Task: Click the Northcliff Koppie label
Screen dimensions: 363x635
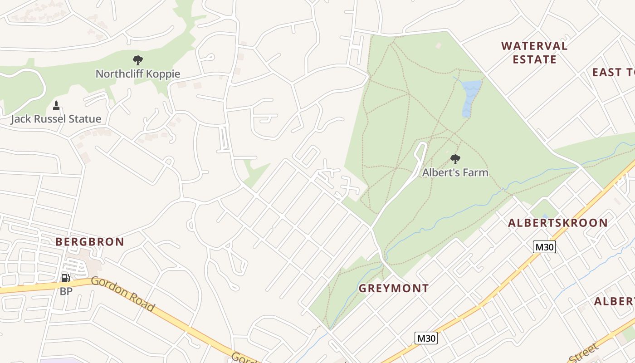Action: pos(138,74)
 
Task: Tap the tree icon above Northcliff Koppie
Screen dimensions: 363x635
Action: pos(138,60)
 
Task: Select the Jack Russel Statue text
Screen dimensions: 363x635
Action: pos(56,119)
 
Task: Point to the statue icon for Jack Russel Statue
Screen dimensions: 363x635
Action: pos(56,106)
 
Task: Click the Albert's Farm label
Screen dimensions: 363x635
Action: pos(455,172)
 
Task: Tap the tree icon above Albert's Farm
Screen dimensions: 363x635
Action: pos(455,159)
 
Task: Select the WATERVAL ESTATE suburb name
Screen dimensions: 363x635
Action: pos(534,53)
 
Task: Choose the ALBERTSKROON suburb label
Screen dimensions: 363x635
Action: pos(557,223)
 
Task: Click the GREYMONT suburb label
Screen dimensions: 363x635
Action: pos(394,288)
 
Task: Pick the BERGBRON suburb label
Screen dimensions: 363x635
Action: pos(90,242)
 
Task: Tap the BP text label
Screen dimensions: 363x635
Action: pos(66,291)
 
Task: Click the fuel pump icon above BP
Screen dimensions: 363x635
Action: pos(66,278)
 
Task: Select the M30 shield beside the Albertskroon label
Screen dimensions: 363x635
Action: pos(544,247)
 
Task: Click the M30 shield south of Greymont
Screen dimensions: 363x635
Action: pos(426,338)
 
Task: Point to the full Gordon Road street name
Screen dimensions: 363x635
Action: pos(123,294)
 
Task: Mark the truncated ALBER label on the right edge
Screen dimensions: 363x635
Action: pos(614,302)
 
